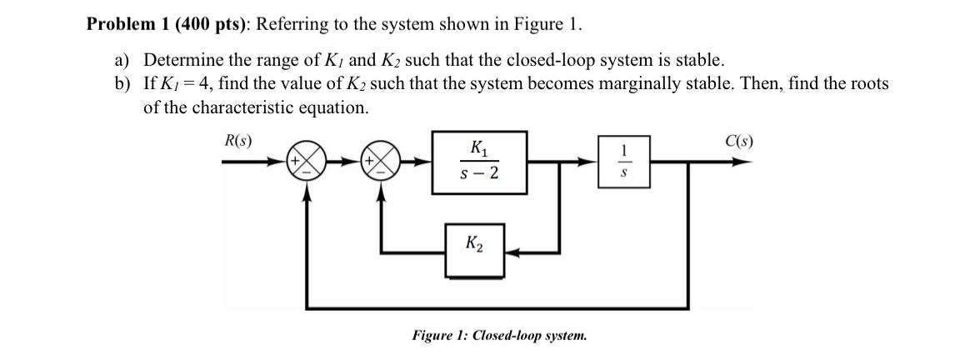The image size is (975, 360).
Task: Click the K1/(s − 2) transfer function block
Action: tap(479, 162)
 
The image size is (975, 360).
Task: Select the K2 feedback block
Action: tap(474, 249)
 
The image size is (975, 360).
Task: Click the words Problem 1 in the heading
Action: tap(127, 24)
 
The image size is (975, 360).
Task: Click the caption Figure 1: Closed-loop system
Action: tap(499, 336)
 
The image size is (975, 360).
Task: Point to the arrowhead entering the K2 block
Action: tap(512, 250)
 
